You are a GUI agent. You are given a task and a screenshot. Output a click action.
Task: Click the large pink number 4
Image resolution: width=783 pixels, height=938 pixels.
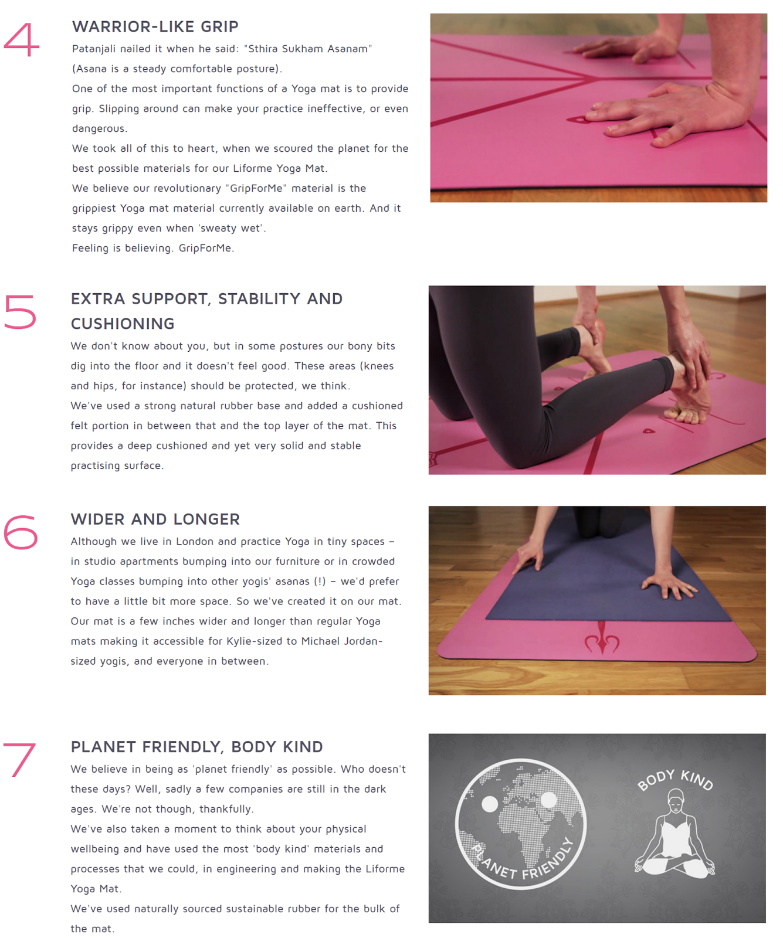pos(21,40)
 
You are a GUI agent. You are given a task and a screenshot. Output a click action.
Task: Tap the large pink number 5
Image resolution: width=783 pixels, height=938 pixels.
pos(20,311)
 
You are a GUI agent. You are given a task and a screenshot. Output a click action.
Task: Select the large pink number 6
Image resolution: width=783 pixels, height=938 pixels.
pos(21,532)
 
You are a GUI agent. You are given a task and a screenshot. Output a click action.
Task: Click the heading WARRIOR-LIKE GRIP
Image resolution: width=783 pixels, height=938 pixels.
pos(155,27)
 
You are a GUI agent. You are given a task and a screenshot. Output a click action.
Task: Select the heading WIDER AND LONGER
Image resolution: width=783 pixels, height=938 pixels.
pos(155,519)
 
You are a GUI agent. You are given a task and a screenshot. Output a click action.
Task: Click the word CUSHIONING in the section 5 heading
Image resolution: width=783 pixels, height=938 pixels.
pos(123,324)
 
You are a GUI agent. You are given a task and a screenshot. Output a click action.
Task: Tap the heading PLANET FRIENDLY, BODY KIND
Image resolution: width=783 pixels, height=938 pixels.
pos(196,747)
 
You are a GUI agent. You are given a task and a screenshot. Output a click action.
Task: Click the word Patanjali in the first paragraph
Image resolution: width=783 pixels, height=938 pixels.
pos(93,49)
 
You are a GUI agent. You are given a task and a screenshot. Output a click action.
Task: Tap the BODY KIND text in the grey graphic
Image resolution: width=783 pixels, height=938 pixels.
pos(675,780)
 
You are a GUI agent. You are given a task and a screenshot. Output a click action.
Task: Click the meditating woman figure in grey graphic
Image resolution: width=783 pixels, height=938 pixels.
pos(674,838)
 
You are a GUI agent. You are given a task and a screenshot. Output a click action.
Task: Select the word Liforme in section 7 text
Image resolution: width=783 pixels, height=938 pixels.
pos(385,869)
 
